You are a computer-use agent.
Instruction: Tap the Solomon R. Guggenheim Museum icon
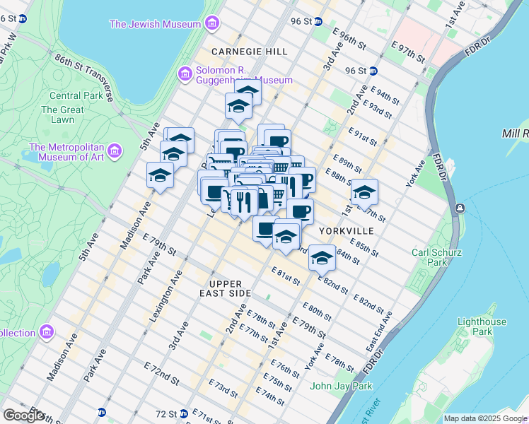(185, 73)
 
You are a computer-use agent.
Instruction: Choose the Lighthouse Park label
(481, 326)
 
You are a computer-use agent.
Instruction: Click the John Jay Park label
(341, 386)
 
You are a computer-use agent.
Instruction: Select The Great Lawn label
(62, 114)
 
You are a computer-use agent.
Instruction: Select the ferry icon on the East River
(460, 207)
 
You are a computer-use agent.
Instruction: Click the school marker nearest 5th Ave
(161, 175)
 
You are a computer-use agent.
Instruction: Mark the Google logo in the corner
(23, 416)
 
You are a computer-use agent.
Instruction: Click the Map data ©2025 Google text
(484, 418)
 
